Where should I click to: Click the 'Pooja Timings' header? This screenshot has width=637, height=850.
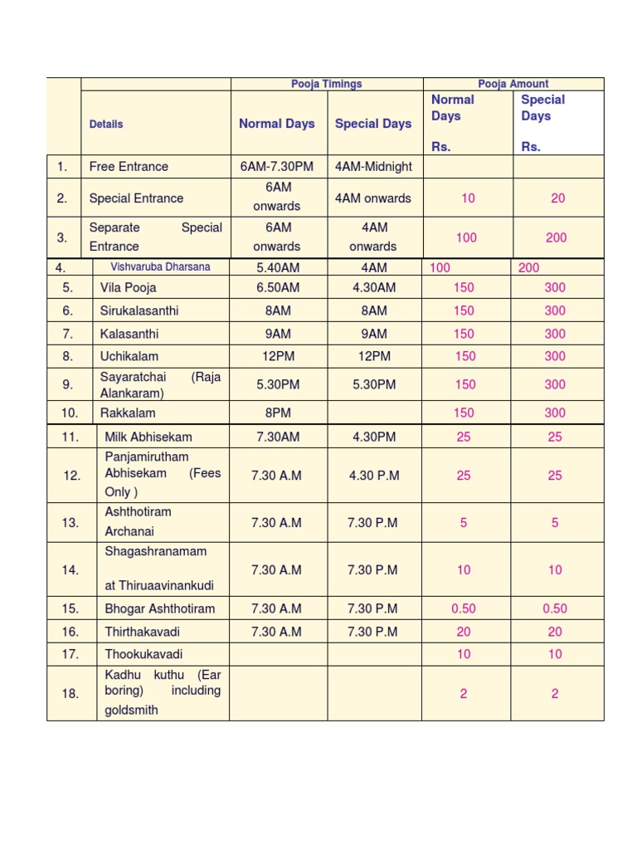click(326, 84)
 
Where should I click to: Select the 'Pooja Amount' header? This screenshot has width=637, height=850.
click(513, 84)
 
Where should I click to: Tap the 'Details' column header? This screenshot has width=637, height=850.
click(106, 125)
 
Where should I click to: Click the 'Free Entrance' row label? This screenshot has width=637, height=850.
click(129, 167)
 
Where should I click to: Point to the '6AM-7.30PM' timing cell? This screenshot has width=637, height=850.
click(277, 167)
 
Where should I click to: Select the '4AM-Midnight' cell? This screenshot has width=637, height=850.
click(373, 167)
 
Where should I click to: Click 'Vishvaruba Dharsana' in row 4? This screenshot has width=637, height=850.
click(161, 267)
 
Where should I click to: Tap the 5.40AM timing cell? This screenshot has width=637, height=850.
click(277, 268)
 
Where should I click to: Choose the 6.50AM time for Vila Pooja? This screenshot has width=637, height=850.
click(277, 288)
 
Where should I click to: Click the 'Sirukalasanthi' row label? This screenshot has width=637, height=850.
click(134, 311)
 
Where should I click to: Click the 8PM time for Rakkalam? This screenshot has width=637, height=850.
click(277, 413)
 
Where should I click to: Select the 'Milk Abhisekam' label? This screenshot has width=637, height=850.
click(148, 437)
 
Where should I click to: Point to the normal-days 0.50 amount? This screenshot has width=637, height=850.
click(464, 608)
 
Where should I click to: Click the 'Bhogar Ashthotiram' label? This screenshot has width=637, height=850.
click(160, 608)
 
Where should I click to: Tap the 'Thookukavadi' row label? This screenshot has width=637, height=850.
click(143, 654)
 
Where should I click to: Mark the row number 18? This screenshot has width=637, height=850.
click(71, 693)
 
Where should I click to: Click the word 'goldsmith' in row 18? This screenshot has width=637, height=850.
click(131, 711)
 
